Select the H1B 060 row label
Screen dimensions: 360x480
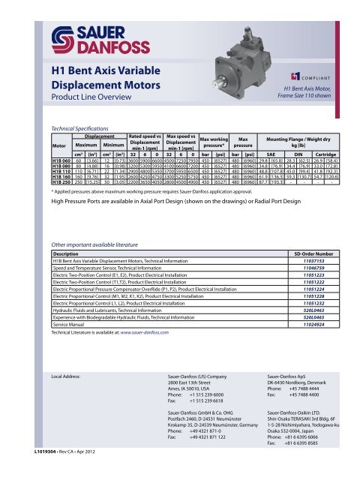(61, 181)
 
